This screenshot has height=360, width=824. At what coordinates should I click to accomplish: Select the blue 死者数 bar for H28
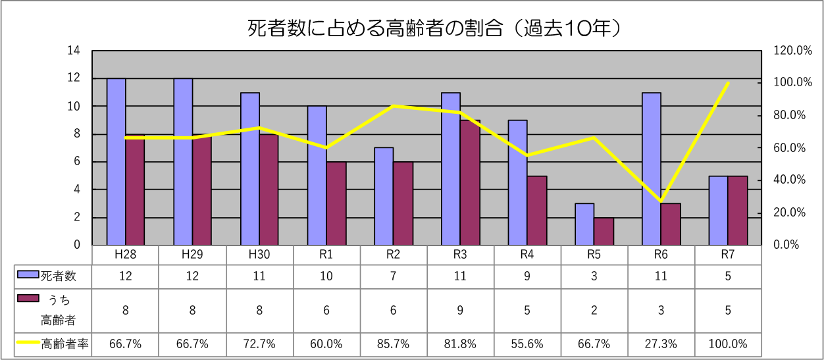[x=116, y=161]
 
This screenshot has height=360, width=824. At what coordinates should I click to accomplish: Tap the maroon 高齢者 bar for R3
[x=469, y=182]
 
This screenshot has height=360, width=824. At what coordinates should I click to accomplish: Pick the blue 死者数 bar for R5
[x=584, y=224]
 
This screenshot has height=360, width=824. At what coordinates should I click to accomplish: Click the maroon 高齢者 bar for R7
[x=737, y=210]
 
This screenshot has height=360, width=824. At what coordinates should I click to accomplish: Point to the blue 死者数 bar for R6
[x=652, y=168]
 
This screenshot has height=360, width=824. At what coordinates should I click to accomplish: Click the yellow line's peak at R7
[x=728, y=83]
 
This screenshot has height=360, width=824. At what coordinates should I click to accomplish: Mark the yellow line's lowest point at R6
[x=661, y=201]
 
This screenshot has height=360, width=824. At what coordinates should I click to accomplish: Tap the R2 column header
[x=393, y=255]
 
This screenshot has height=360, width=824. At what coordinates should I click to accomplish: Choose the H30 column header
[x=259, y=255]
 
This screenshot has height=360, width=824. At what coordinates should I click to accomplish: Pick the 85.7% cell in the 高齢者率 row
[x=393, y=344]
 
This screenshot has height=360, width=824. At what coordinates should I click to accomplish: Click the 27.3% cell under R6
[x=661, y=344]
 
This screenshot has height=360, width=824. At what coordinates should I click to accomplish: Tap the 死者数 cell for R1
[x=326, y=276]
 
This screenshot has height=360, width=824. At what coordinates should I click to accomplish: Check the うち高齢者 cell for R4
[x=527, y=310]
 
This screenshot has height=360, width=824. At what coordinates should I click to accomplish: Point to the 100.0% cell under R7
[x=728, y=344]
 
